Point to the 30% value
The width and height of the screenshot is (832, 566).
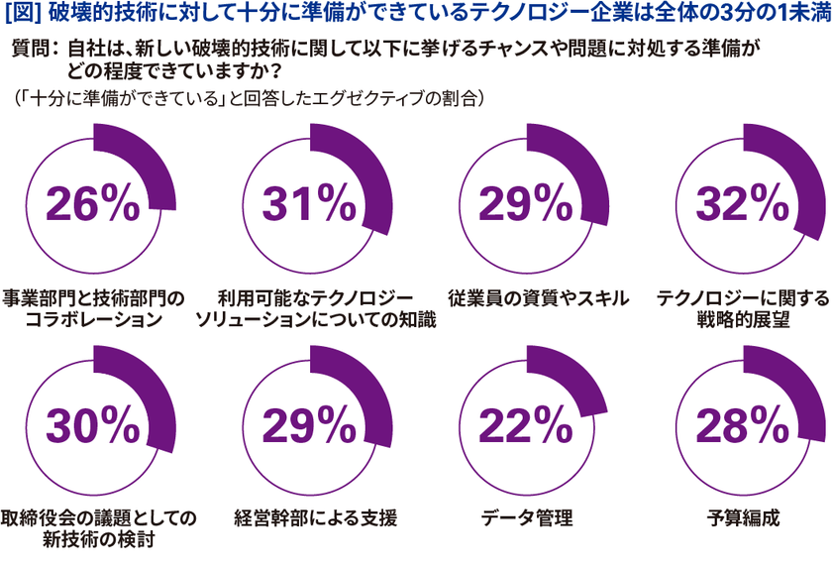(91, 425)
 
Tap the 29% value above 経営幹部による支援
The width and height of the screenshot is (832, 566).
(309, 425)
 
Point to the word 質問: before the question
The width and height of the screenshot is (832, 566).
(36, 50)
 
